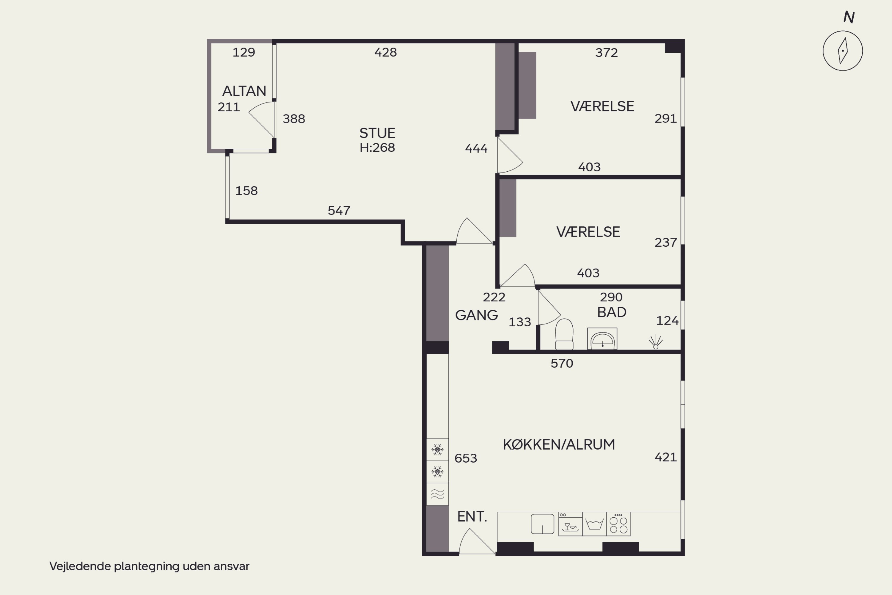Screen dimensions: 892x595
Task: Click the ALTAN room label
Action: (x=244, y=91)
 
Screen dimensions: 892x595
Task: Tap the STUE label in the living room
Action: (x=377, y=133)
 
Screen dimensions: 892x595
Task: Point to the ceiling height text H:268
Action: (x=377, y=148)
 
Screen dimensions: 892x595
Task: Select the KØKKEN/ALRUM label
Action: (x=559, y=445)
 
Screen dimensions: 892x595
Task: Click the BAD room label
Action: (x=612, y=312)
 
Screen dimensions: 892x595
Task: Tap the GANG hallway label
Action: (x=476, y=315)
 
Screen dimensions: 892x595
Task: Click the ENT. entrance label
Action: (x=472, y=517)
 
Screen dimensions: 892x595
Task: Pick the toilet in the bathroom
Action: (x=564, y=334)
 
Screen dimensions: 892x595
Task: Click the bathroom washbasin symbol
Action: (x=602, y=339)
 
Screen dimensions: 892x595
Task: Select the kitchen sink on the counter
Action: (x=542, y=524)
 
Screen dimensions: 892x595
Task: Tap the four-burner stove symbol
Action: (x=618, y=524)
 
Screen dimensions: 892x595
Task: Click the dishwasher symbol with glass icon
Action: (x=570, y=524)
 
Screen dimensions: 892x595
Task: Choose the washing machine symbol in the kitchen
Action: (x=594, y=524)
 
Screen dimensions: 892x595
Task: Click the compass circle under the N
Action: (x=843, y=32)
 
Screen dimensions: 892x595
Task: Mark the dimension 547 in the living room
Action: (x=339, y=211)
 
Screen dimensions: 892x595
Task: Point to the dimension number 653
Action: (x=466, y=458)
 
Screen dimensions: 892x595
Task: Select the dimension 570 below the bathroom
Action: (x=562, y=364)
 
